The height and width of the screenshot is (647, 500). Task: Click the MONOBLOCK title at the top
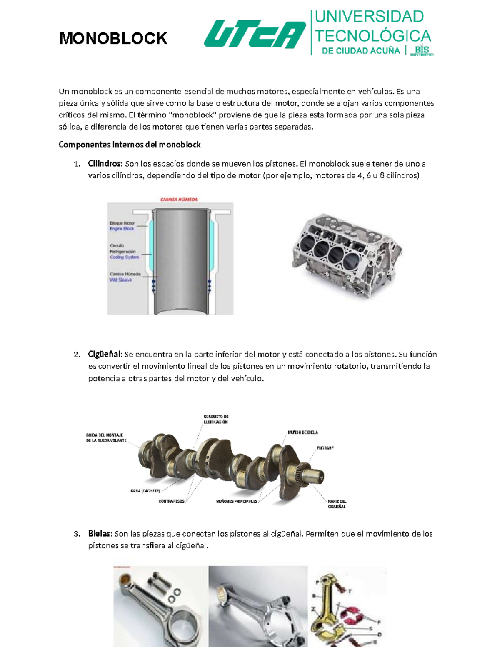[113, 39]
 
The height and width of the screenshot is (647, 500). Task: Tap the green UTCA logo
[255, 35]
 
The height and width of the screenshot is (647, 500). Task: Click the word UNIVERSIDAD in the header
[369, 17]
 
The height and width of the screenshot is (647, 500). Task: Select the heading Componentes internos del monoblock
[130, 145]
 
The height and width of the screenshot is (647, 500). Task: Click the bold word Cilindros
[105, 164]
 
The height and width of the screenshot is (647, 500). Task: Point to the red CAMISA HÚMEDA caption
[179, 200]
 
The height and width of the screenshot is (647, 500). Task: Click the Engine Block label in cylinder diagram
[122, 229]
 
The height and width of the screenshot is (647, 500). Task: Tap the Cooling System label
[124, 257]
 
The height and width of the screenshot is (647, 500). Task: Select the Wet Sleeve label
[120, 280]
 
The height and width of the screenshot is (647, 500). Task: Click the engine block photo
[347, 257]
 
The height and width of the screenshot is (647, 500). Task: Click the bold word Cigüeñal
[105, 355]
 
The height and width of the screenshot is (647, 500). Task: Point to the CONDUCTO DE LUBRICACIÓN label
[216, 419]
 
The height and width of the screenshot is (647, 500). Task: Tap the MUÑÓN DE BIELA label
[302, 432]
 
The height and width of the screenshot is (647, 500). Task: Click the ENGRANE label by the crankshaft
[325, 448]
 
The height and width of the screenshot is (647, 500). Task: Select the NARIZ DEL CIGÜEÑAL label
[337, 504]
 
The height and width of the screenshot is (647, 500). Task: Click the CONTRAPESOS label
[171, 501]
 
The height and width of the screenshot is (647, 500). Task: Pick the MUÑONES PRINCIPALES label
[237, 501]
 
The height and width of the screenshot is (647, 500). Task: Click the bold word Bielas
[100, 534]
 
